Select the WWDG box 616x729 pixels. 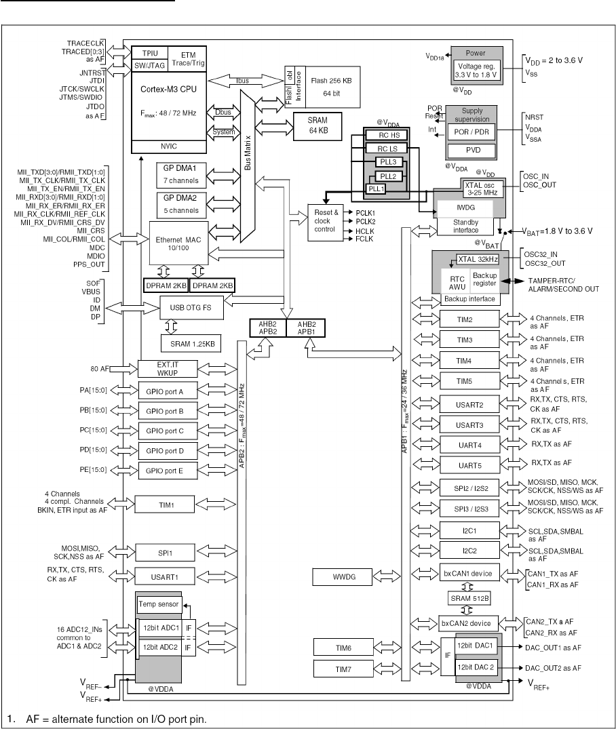pyautogui.click(x=339, y=577)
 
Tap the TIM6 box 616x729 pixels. pyautogui.click(x=339, y=647)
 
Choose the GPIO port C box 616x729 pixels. pyautogui.click(x=166, y=431)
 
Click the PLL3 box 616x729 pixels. pyautogui.click(x=389, y=162)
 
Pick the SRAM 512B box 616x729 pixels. pyautogui.click(x=469, y=598)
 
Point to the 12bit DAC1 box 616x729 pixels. pyautogui.click(x=477, y=646)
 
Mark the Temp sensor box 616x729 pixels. pyautogui.click(x=158, y=604)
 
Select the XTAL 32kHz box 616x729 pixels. pyautogui.click(x=478, y=258)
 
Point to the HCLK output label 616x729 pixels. pyautogui.click(x=364, y=231)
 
